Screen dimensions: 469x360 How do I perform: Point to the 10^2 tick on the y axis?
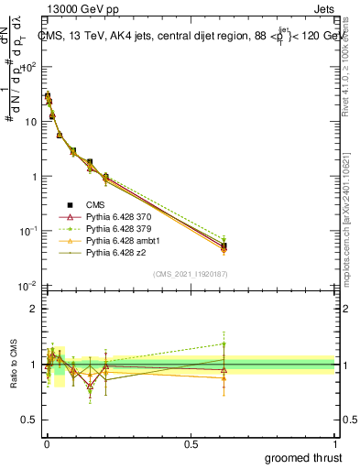[29, 66]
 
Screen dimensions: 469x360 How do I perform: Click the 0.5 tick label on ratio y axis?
[30, 421]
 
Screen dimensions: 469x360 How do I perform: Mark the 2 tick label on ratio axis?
[34, 309]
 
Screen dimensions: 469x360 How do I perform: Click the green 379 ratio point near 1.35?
[224, 344]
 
